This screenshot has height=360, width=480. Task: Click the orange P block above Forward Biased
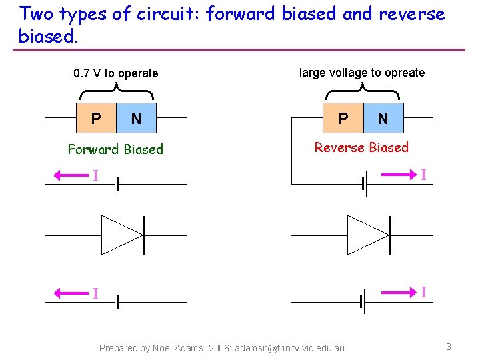tap(97, 119)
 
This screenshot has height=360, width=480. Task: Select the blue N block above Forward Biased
tap(136, 119)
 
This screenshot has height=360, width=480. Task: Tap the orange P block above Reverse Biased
tap(343, 118)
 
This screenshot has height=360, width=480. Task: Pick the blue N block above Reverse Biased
tap(383, 118)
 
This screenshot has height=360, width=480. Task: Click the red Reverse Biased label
tap(361, 147)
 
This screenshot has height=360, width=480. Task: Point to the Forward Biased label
tap(115, 149)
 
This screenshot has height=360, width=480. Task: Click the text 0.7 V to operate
tap(116, 73)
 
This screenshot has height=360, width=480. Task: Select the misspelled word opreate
tap(402, 73)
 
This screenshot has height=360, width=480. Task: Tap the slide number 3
tap(449, 347)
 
